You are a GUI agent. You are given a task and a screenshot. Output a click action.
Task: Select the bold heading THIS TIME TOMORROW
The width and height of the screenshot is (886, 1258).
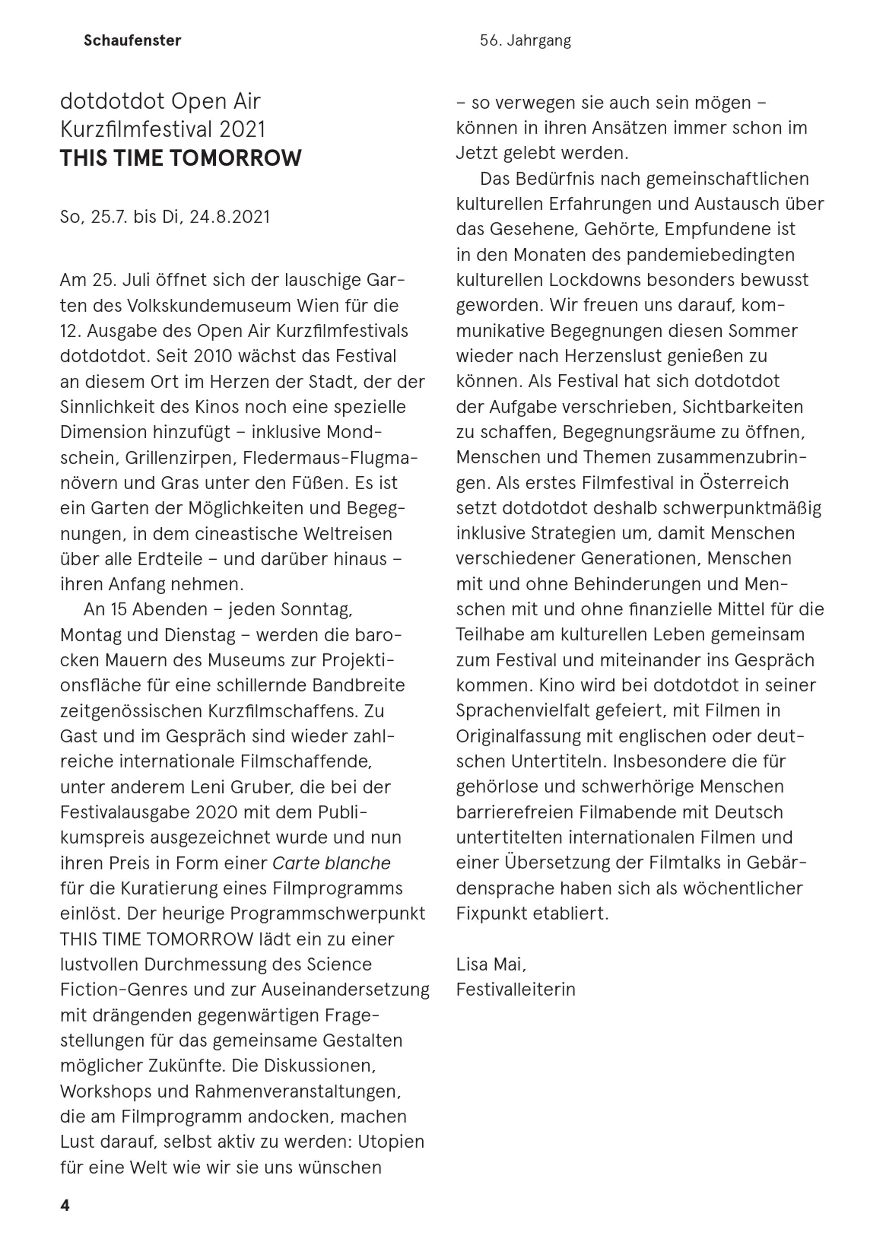(x=180, y=158)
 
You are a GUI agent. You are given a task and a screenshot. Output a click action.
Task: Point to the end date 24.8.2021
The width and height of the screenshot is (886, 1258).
(x=229, y=217)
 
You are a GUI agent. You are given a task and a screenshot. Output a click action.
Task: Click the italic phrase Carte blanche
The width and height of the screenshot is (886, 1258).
(x=331, y=863)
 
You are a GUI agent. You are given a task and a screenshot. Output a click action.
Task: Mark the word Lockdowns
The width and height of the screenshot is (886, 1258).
(x=595, y=280)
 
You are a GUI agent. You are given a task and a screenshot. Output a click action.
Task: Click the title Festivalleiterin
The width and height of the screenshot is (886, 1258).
(x=516, y=989)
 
